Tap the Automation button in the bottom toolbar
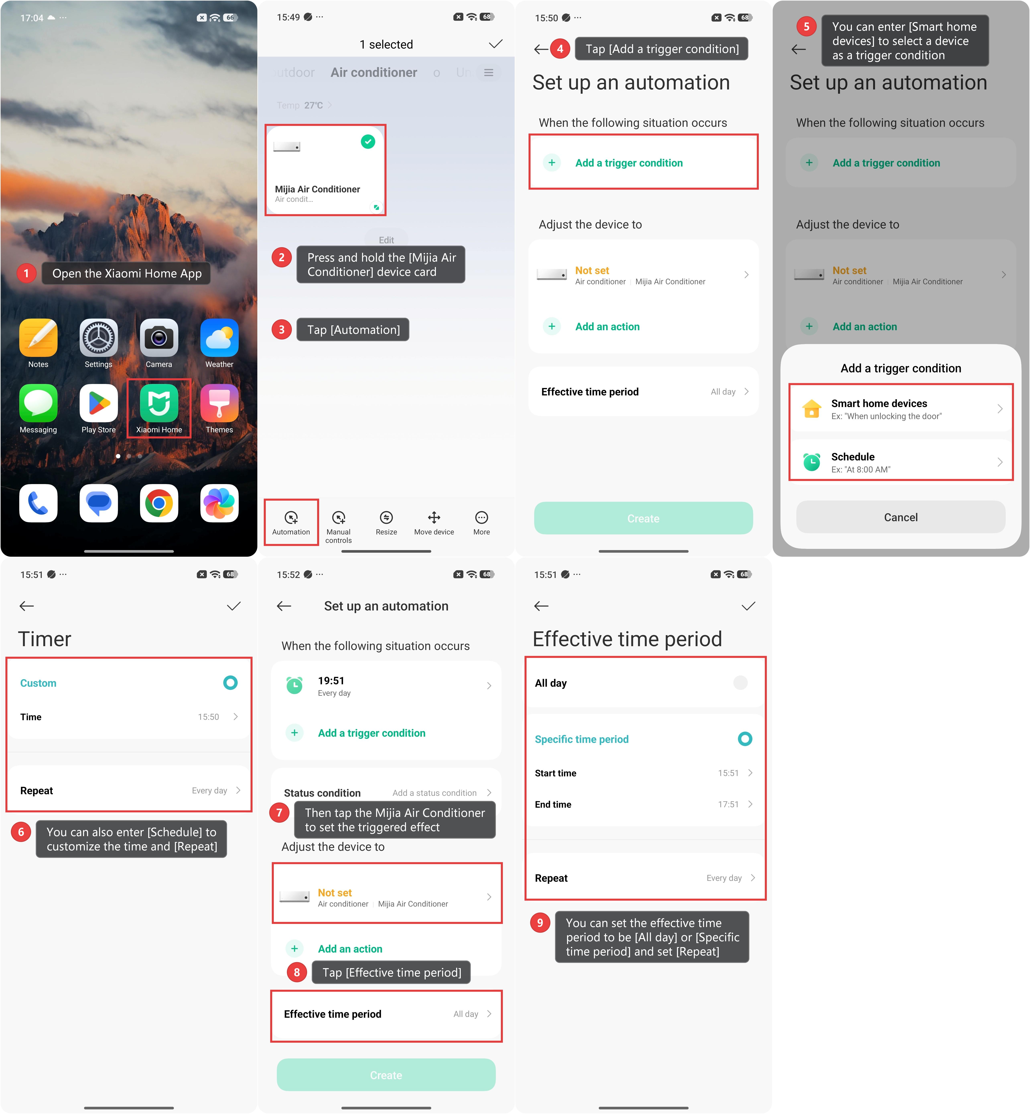click(291, 522)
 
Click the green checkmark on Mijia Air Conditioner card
click(368, 142)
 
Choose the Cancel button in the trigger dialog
click(901, 517)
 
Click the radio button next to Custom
click(230, 682)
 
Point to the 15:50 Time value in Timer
click(208, 717)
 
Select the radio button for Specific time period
click(745, 739)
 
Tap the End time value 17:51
click(728, 804)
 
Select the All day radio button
click(740, 682)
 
